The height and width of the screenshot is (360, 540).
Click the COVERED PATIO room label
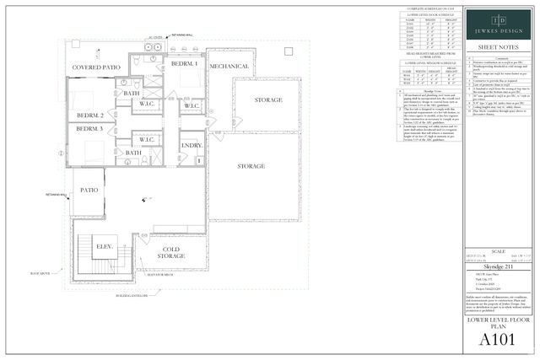click(97, 67)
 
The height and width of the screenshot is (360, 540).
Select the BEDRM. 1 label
click(183, 64)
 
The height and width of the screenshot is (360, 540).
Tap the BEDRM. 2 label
click(89, 115)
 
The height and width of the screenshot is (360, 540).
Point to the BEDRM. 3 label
click(89, 129)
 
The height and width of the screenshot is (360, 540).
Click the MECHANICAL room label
click(228, 64)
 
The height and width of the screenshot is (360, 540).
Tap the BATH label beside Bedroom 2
click(132, 94)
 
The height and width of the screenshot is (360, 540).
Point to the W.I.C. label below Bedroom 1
click(192, 105)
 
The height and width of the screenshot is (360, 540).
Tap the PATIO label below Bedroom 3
click(89, 191)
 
